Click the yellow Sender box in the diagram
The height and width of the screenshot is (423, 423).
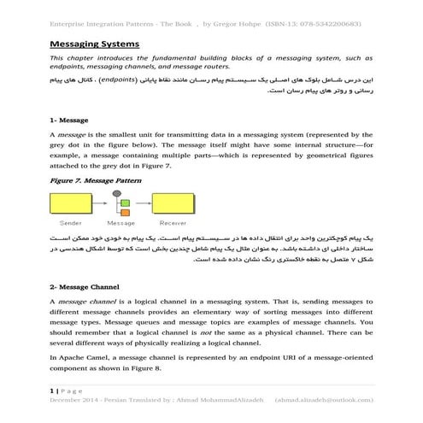click(x=73, y=203)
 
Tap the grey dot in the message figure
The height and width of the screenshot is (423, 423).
click(x=124, y=200)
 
